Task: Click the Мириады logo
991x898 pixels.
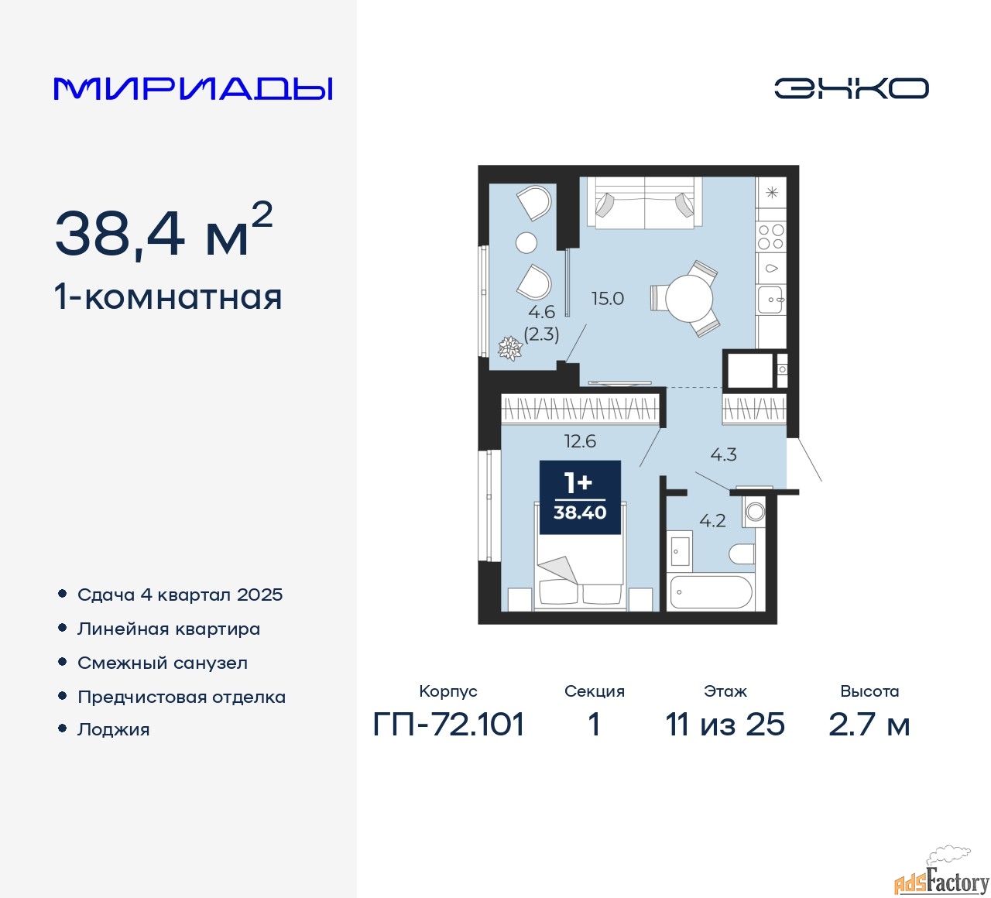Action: click(x=193, y=89)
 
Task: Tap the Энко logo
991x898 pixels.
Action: click(x=851, y=88)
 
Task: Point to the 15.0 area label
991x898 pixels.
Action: click(x=608, y=299)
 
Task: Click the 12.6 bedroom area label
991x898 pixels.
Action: click(x=580, y=440)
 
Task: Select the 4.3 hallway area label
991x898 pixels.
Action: click(x=723, y=454)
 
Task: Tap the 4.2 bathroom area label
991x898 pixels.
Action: click(x=712, y=521)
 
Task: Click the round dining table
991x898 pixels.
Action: click(x=688, y=298)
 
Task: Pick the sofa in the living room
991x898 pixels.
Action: click(x=645, y=203)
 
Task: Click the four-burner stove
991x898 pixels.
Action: click(x=770, y=237)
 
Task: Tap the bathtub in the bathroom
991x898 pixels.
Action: click(x=712, y=591)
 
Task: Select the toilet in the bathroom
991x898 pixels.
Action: click(x=742, y=554)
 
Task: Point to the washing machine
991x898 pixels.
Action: click(x=753, y=512)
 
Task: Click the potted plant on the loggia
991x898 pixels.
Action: click(x=510, y=348)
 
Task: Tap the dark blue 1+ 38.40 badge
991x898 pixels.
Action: click(x=580, y=498)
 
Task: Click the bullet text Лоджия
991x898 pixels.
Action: click(x=114, y=729)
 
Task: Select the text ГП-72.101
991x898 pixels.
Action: click(x=448, y=724)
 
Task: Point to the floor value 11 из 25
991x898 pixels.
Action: click(x=725, y=724)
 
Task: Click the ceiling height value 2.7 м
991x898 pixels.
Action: click(x=869, y=724)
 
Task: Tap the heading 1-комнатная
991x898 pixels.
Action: click(x=169, y=297)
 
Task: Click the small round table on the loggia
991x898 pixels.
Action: click(x=526, y=242)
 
